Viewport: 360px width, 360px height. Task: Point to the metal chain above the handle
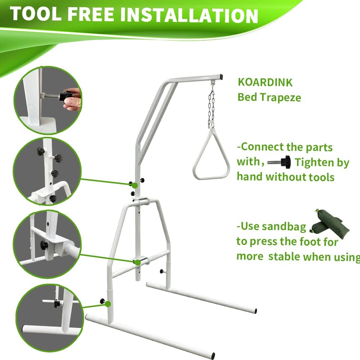211,108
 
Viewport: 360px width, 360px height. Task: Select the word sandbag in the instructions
284,226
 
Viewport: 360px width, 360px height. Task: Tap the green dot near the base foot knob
108,304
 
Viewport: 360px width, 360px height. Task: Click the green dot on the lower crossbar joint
138,262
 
